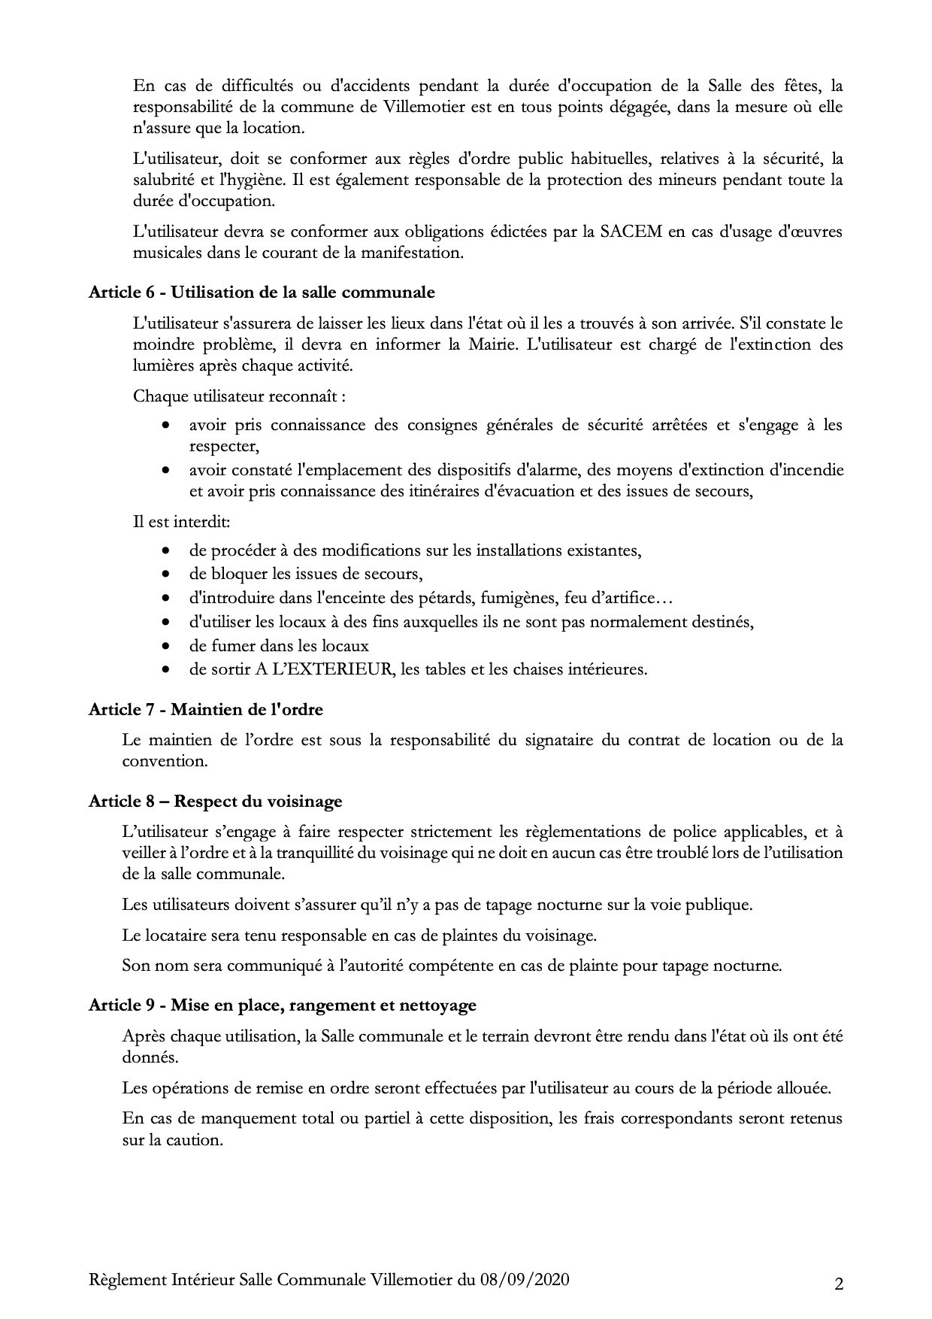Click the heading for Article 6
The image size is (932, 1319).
262,292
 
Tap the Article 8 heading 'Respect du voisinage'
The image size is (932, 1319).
215,801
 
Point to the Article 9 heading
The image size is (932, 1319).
282,1005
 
